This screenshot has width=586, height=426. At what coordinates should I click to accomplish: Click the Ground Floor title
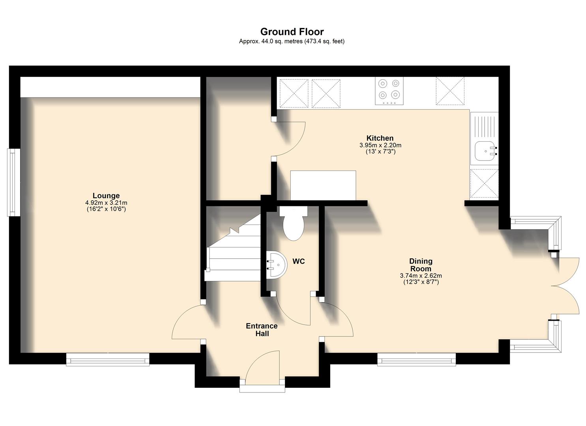pyautogui.click(x=292, y=32)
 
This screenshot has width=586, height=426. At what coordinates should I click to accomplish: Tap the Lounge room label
pyautogui.click(x=106, y=196)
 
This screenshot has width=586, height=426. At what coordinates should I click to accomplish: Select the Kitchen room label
pyautogui.click(x=380, y=138)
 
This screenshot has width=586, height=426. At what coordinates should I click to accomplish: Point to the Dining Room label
pyautogui.click(x=420, y=265)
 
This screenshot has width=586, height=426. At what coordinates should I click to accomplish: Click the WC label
pyautogui.click(x=298, y=261)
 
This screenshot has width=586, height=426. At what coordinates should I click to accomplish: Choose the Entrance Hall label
pyautogui.click(x=262, y=330)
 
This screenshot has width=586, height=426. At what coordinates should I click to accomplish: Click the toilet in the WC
pyautogui.click(x=293, y=224)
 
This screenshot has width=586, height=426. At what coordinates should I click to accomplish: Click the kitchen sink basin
pyautogui.click(x=485, y=151)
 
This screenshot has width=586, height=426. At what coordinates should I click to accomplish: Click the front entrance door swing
pyautogui.click(x=262, y=367)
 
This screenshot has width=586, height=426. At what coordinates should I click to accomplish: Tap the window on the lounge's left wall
pyautogui.click(x=14, y=182)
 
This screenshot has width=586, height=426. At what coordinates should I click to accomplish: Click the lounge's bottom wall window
pyautogui.click(x=108, y=359)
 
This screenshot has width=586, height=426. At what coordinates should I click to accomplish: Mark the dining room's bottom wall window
pyautogui.click(x=416, y=359)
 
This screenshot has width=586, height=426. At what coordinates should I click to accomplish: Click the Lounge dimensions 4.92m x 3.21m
pyautogui.click(x=106, y=203)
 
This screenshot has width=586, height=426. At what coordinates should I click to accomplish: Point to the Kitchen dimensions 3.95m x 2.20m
pyautogui.click(x=380, y=145)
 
